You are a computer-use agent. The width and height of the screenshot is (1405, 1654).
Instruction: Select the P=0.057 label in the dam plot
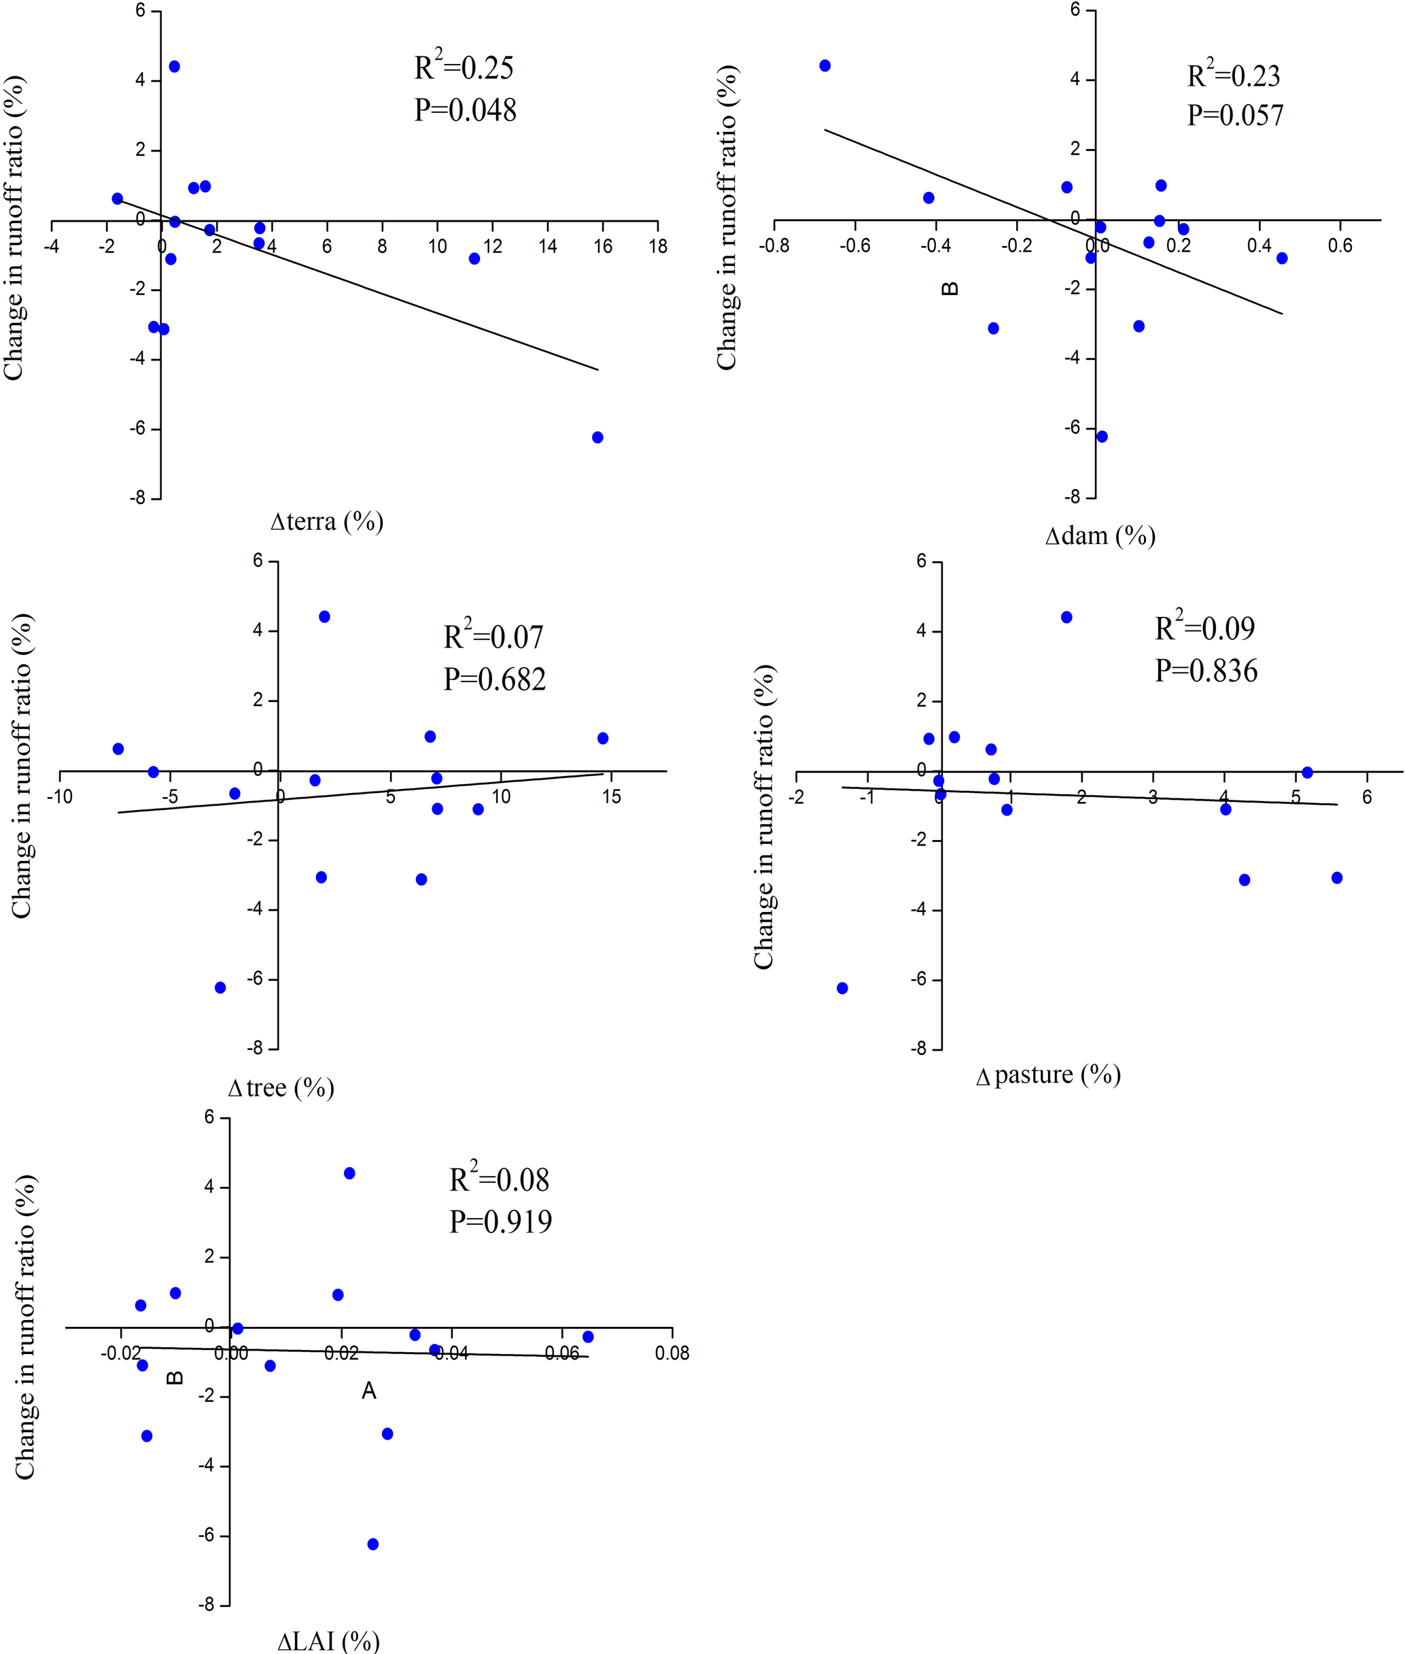click(x=1234, y=116)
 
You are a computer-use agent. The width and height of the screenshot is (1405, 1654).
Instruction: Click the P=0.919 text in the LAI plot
click(x=500, y=1221)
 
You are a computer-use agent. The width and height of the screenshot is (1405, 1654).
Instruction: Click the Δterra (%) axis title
click(x=326, y=522)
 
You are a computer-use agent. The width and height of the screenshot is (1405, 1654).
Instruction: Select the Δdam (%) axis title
click(x=1100, y=535)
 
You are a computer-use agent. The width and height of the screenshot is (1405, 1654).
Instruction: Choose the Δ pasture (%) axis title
click(x=1048, y=1075)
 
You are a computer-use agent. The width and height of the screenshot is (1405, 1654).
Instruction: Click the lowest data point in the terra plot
click(x=597, y=437)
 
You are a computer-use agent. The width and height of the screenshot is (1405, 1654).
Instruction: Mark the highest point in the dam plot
click(x=825, y=65)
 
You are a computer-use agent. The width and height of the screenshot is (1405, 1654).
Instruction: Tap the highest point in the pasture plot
click(x=1066, y=618)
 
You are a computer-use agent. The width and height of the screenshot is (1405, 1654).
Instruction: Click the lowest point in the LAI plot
click(x=372, y=1544)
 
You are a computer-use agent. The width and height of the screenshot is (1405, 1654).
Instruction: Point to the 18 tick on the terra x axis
click(x=658, y=247)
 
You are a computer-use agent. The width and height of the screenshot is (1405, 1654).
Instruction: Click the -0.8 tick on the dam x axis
click(x=774, y=246)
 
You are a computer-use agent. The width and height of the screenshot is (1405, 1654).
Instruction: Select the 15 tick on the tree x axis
click(x=611, y=796)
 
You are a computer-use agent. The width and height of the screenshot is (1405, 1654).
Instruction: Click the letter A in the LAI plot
click(x=369, y=1391)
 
